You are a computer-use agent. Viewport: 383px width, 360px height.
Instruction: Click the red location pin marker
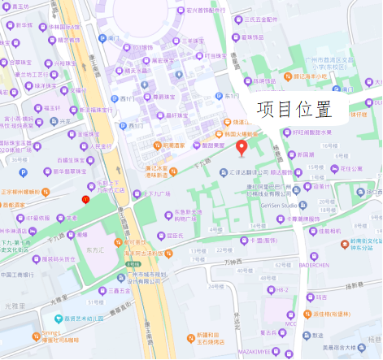pyautogui.click(x=241, y=148)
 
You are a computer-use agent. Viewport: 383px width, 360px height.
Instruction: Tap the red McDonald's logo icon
pyautogui.click(x=85, y=199)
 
